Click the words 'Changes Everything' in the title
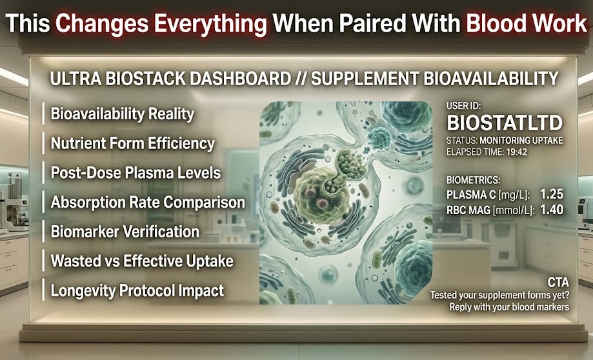click(161, 24)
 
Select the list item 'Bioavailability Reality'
click(123, 114)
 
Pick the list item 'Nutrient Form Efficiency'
click(132, 143)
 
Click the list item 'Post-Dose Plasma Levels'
click(136, 173)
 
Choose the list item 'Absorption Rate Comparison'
click(148, 202)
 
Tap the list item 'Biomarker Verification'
click(125, 232)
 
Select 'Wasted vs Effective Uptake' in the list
click(142, 261)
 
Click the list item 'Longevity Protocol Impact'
click(137, 290)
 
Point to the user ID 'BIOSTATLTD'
click(505, 123)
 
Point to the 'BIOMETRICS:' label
click(473, 180)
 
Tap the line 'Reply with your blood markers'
click(509, 307)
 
